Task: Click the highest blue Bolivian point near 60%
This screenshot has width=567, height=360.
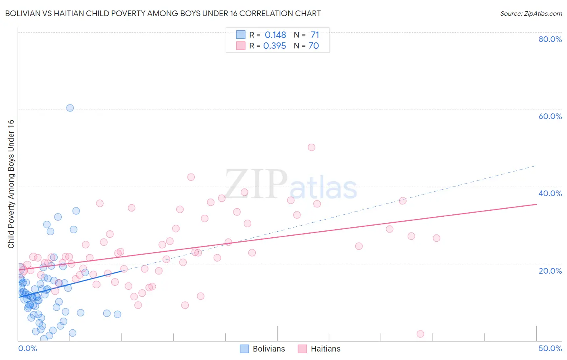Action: coord(70,108)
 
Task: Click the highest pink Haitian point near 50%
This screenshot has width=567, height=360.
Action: coord(311,147)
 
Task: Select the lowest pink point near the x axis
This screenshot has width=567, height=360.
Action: coord(420,334)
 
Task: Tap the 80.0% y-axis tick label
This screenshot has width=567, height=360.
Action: coord(550,39)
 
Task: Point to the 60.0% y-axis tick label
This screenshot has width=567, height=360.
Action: coord(550,116)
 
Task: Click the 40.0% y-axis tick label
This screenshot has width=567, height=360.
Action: coord(550,193)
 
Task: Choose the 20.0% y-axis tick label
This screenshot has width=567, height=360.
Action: coord(550,270)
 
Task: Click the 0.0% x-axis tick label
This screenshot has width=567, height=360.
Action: coord(27,348)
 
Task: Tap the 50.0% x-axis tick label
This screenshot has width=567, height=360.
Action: coord(550,348)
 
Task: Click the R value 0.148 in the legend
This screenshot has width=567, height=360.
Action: coord(275,35)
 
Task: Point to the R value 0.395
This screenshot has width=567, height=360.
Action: coord(275,46)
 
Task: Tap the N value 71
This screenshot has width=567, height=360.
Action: coord(315,35)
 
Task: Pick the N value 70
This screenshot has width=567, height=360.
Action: coord(314,46)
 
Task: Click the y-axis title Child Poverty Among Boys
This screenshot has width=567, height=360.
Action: coord(11,184)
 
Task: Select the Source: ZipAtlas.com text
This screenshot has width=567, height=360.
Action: coord(531,13)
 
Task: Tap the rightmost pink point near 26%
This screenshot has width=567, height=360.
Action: coord(436,238)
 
